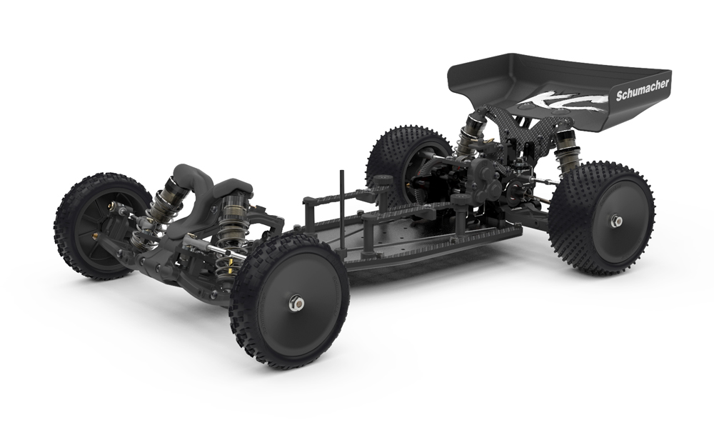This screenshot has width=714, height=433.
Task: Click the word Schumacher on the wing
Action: [643, 90]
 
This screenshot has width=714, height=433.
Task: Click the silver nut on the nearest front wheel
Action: [295, 302]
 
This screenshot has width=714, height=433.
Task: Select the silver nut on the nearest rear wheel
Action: [617, 221]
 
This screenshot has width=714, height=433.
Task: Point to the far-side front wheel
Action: [101, 226]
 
